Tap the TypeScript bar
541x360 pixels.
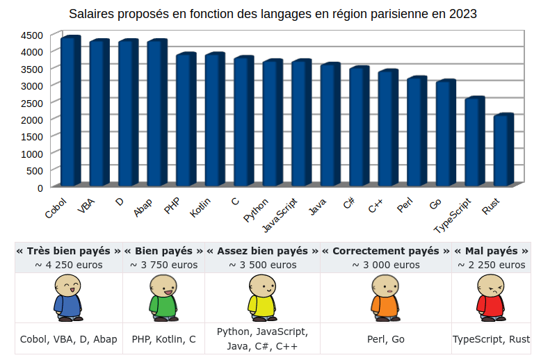point(474,142)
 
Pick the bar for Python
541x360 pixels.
point(272,123)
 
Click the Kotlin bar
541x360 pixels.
point(214,120)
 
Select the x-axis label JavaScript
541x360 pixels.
point(281,216)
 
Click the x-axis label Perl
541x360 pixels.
point(405,206)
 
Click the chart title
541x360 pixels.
point(273,14)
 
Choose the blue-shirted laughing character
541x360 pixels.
point(67,298)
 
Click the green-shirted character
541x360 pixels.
point(163,298)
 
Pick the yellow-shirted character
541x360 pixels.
point(262,298)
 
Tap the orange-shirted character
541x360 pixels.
point(385,298)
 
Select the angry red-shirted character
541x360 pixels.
point(491,298)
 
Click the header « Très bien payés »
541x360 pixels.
point(68,251)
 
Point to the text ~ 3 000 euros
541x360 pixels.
point(385,265)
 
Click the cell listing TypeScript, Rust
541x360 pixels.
point(491,339)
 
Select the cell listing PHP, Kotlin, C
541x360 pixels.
point(163,339)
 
